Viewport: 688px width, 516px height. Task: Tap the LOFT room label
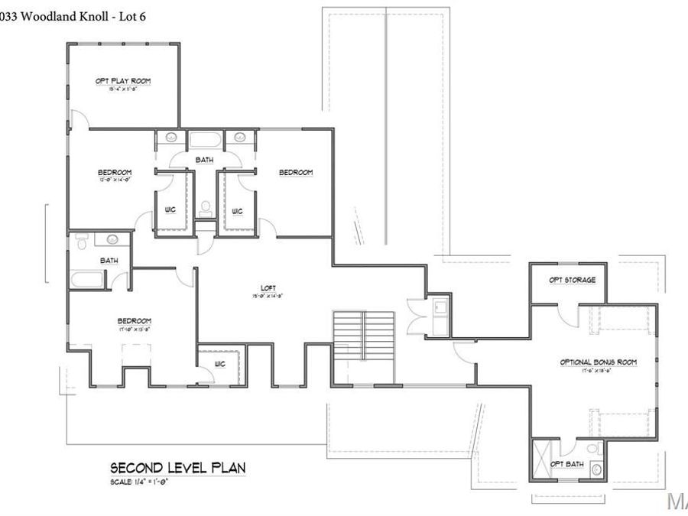[x=268, y=288]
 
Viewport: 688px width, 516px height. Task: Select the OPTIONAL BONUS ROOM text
[x=599, y=362]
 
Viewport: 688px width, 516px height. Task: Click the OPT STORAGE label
[x=572, y=280]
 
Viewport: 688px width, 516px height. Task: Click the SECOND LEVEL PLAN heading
[x=177, y=467]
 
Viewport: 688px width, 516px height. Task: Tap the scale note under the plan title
[x=139, y=482]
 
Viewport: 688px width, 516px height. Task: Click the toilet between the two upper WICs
[x=204, y=207]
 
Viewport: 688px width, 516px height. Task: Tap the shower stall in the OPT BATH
[x=543, y=458]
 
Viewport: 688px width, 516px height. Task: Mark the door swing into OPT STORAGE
[x=564, y=313]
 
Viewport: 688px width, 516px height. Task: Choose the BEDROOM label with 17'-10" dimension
[x=134, y=320]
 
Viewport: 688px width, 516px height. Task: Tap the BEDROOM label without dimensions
[x=296, y=173]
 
